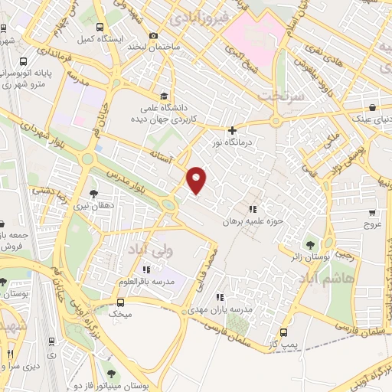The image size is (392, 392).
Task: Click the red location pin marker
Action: click(198, 179)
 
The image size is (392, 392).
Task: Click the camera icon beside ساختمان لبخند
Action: click(154, 35)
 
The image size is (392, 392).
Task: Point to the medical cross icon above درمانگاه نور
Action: click(233, 131)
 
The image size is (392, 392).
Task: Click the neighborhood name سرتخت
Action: click(277, 96)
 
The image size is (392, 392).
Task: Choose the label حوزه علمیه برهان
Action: click(249, 221)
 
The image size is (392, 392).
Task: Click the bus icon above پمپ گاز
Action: click(285, 332)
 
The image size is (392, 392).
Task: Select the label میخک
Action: click(119, 314)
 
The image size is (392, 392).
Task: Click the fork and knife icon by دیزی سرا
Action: click(10, 354)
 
